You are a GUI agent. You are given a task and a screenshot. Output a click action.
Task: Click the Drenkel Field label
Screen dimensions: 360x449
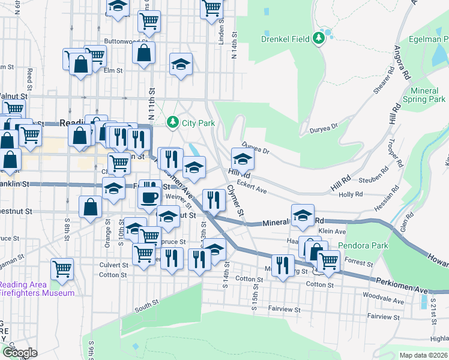coord(285,39)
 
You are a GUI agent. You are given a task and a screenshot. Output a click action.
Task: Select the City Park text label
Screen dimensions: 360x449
coord(198,123)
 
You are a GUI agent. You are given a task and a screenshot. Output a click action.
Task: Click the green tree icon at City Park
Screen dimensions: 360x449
coord(173,122)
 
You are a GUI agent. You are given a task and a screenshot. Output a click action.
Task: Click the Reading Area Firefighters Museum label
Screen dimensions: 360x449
coord(37,289)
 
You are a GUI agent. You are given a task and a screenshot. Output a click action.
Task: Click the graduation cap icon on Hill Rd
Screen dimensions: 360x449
coord(242,160)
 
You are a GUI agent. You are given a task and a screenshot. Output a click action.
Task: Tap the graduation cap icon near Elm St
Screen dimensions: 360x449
coord(181,65)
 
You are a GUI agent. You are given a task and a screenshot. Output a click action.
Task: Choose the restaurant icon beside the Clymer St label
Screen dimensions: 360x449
coord(214,199)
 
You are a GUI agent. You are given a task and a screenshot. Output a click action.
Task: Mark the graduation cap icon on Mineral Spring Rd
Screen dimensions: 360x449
coord(303,215)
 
